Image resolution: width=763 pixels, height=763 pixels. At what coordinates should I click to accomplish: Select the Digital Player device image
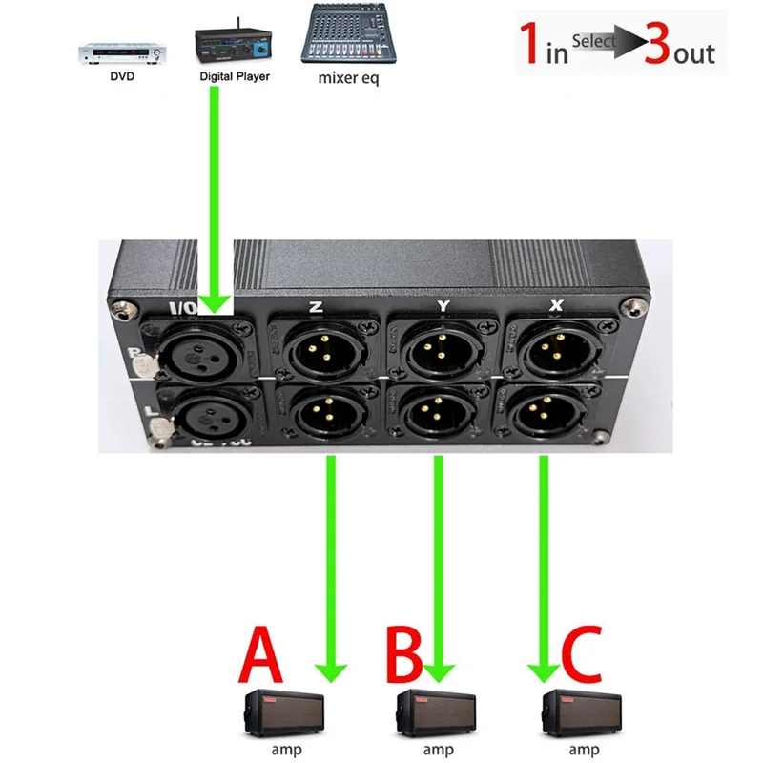click(234, 43)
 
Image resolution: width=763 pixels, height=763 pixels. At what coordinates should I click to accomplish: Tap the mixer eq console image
click(347, 34)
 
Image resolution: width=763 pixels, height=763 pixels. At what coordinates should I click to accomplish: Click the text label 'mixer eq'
click(348, 78)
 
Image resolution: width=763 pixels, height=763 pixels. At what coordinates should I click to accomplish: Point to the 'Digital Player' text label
click(235, 76)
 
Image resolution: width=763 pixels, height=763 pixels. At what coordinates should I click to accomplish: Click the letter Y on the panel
click(442, 307)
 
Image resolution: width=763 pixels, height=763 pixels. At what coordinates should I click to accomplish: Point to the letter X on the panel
click(554, 307)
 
